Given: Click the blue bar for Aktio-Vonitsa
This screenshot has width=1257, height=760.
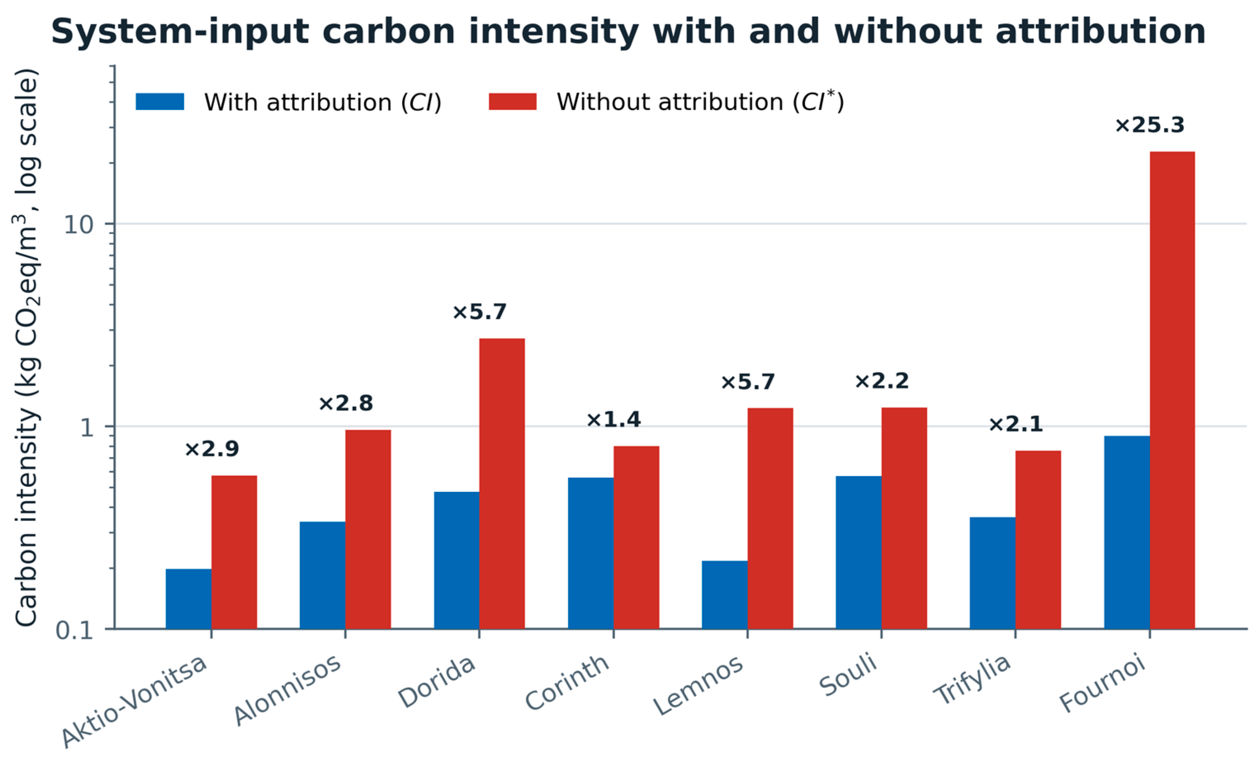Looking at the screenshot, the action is pyautogui.click(x=188, y=599).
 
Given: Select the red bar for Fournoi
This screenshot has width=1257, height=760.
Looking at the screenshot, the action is pyautogui.click(x=1172, y=390).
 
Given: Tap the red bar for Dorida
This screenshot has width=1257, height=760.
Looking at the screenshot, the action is pyautogui.click(x=502, y=484).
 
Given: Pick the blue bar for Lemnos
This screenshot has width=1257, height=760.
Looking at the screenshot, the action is pyautogui.click(x=724, y=595).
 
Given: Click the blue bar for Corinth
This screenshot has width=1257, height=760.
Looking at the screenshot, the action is pyautogui.click(x=591, y=553).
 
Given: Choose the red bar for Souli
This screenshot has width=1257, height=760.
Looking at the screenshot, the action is pyautogui.click(x=904, y=518).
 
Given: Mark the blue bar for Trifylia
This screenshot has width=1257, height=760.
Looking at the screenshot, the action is pyautogui.click(x=992, y=574).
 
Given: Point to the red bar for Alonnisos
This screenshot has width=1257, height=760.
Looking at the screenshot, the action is pyautogui.click(x=368, y=529).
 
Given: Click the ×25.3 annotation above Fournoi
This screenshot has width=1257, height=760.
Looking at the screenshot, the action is pyautogui.click(x=1149, y=125).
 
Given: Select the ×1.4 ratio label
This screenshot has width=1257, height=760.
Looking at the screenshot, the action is pyautogui.click(x=613, y=419).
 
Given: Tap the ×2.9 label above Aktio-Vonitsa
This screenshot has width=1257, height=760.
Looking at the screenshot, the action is pyautogui.click(x=212, y=449).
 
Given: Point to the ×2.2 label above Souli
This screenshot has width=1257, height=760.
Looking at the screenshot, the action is pyautogui.click(x=881, y=381).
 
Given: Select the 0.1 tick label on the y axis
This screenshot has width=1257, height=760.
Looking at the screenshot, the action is pyautogui.click(x=74, y=630).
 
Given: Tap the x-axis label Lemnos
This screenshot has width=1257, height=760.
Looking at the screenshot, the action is pyautogui.click(x=698, y=685).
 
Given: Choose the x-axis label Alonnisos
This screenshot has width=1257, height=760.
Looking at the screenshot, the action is pyautogui.click(x=287, y=689).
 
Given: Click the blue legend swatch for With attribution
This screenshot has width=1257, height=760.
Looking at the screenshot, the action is pyautogui.click(x=160, y=101).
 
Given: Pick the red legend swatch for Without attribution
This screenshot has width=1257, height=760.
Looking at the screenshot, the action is pyautogui.click(x=513, y=101).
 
